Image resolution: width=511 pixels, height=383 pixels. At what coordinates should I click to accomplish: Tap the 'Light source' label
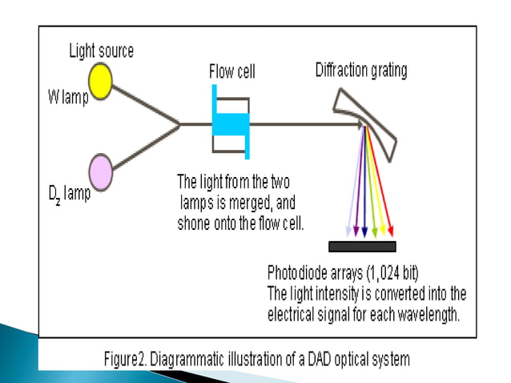101,51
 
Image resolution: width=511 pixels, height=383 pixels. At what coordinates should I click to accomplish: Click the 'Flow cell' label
232,72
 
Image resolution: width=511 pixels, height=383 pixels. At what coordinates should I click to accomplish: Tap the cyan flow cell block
231,124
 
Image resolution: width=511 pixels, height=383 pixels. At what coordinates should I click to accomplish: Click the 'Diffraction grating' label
360,71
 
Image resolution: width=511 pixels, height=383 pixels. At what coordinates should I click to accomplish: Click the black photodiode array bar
362,246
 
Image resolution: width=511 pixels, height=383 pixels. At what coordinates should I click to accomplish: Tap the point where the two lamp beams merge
179,124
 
